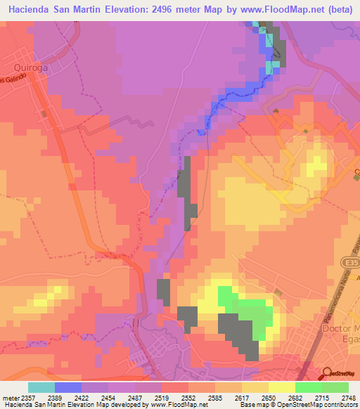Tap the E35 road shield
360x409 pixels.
point(351,261)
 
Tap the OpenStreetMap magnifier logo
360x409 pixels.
point(325,373)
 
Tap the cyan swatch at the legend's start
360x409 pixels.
point(41,387)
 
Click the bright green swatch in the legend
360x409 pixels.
point(308,387)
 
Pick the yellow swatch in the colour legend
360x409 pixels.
point(281,387)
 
